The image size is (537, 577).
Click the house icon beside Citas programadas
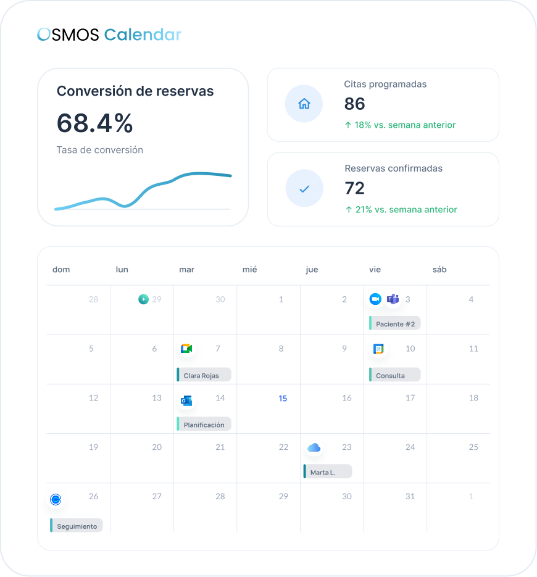pyautogui.click(x=304, y=104)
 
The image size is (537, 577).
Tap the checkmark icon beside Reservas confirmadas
pyautogui.click(x=304, y=189)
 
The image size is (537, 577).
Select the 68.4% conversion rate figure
pyautogui.click(x=94, y=123)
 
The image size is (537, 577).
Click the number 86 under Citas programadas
pyautogui.click(x=354, y=104)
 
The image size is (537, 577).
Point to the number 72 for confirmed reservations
pyautogui.click(x=354, y=188)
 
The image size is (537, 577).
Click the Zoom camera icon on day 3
pyautogui.click(x=375, y=299)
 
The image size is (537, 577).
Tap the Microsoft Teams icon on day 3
pyautogui.click(x=393, y=299)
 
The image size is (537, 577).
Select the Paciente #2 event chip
pyautogui.click(x=395, y=323)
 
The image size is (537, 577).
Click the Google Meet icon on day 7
pyautogui.click(x=186, y=348)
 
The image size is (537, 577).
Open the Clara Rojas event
pyautogui.click(x=204, y=375)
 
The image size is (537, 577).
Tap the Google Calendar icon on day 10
pyautogui.click(x=378, y=349)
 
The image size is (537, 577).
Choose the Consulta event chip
pyautogui.click(x=395, y=375)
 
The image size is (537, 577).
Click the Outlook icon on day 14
pyautogui.click(x=186, y=401)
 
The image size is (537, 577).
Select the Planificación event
pyautogui.click(x=204, y=425)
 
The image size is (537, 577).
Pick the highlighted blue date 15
pyautogui.click(x=283, y=399)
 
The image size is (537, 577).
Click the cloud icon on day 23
pyautogui.click(x=314, y=447)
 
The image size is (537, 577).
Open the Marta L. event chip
pyautogui.click(x=328, y=471)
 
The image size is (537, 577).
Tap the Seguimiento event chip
pyautogui.click(x=76, y=526)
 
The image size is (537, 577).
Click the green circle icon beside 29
pyautogui.click(x=144, y=299)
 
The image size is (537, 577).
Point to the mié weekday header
pyautogui.click(x=249, y=269)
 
